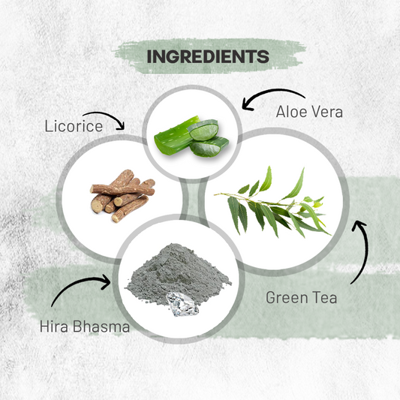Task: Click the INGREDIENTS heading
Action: click(208, 56)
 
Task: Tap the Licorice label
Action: click(74, 126)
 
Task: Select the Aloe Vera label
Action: click(309, 112)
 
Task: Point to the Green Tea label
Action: click(301, 297)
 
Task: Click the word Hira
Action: click(54, 326)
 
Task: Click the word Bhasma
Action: click(101, 326)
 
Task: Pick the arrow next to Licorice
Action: click(107, 116)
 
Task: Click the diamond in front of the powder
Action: click(182, 304)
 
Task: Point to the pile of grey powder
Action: click(179, 273)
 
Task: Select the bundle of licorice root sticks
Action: click(123, 196)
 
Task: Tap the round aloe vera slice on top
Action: click(203, 130)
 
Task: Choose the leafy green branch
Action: click(272, 203)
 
